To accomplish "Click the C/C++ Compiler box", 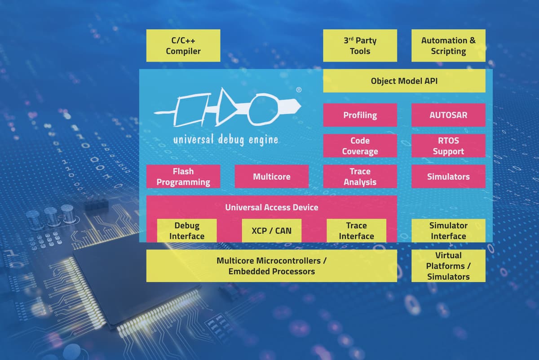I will click(x=183, y=45).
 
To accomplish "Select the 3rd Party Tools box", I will click(x=360, y=45).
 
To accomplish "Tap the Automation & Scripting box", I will click(x=448, y=45).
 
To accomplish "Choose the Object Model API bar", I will click(x=404, y=81).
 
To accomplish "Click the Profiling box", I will click(x=360, y=115).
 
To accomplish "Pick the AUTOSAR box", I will click(x=448, y=115).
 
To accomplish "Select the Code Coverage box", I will click(x=360, y=146).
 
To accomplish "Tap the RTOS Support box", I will click(x=448, y=146).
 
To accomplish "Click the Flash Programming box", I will click(x=183, y=176).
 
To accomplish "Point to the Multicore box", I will click(x=271, y=176).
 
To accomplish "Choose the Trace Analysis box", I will click(x=360, y=176).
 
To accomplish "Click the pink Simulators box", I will click(x=448, y=176).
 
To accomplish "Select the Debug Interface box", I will click(x=187, y=231).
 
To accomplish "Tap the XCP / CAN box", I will click(x=271, y=231).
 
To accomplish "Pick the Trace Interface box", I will click(x=356, y=231).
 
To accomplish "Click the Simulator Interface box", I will click(x=448, y=231).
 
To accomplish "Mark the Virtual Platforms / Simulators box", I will click(x=448, y=266).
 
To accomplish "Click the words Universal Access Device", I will click(x=271, y=207).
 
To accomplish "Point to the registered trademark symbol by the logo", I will click(x=299, y=90).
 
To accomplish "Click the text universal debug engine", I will click(x=226, y=140).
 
